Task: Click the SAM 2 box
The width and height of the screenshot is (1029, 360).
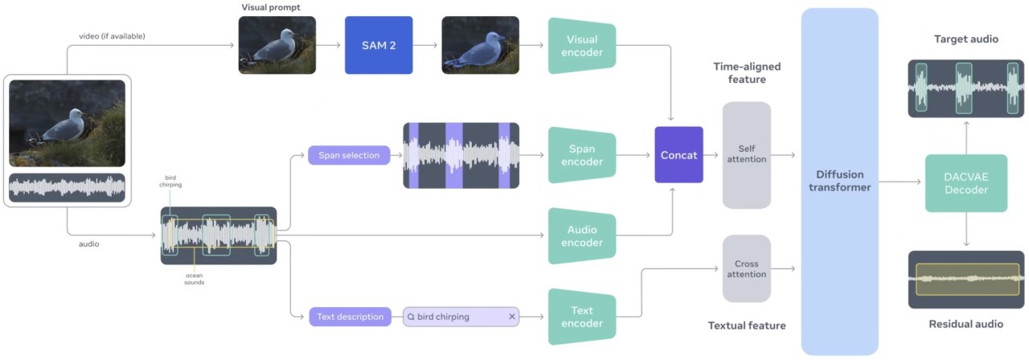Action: pyautogui.click(x=379, y=46)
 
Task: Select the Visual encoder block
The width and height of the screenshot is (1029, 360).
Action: pyautogui.click(x=582, y=46)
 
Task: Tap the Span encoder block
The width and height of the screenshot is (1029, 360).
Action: pyautogui.click(x=582, y=155)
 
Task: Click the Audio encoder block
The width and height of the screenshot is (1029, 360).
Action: pyautogui.click(x=582, y=236)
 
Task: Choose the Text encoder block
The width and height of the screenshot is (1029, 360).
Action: pyautogui.click(x=582, y=317)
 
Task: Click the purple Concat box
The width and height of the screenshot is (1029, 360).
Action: pyautogui.click(x=678, y=155)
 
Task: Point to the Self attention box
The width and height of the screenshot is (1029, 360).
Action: pyautogui.click(x=746, y=155)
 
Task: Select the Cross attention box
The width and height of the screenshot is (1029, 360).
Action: pyautogui.click(x=746, y=269)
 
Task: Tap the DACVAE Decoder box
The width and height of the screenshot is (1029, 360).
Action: pyautogui.click(x=965, y=183)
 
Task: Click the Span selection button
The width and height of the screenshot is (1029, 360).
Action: pyautogui.click(x=348, y=155)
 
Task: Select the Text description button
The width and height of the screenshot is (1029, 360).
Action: pyautogui.click(x=350, y=317)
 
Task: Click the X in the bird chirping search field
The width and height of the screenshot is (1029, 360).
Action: pyautogui.click(x=511, y=317)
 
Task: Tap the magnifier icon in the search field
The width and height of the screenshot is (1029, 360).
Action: pyautogui.click(x=411, y=317)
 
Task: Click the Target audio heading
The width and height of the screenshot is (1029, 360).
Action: pyautogui.click(x=965, y=39)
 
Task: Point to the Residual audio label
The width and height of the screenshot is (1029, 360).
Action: pyautogui.click(x=965, y=324)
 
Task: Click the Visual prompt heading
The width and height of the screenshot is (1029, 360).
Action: pyautogui.click(x=271, y=8)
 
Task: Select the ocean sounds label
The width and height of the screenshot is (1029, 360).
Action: pyautogui.click(x=194, y=278)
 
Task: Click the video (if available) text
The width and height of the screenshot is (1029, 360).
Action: pyautogui.click(x=112, y=36)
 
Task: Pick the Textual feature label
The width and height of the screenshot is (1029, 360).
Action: pyautogui.click(x=746, y=325)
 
